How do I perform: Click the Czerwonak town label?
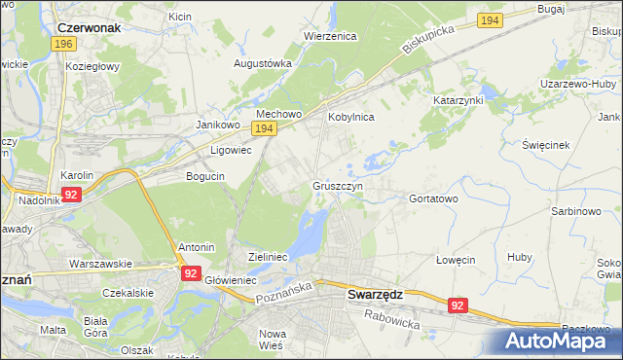(x=89, y=28)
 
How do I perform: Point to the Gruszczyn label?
(x=339, y=185)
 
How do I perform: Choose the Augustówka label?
(x=263, y=63)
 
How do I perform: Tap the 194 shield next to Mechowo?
(x=263, y=128)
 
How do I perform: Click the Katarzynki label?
(x=458, y=100)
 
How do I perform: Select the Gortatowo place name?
(x=433, y=198)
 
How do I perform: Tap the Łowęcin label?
(x=455, y=260)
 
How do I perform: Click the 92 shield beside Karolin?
(x=70, y=195)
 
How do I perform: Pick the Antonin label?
(x=196, y=247)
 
